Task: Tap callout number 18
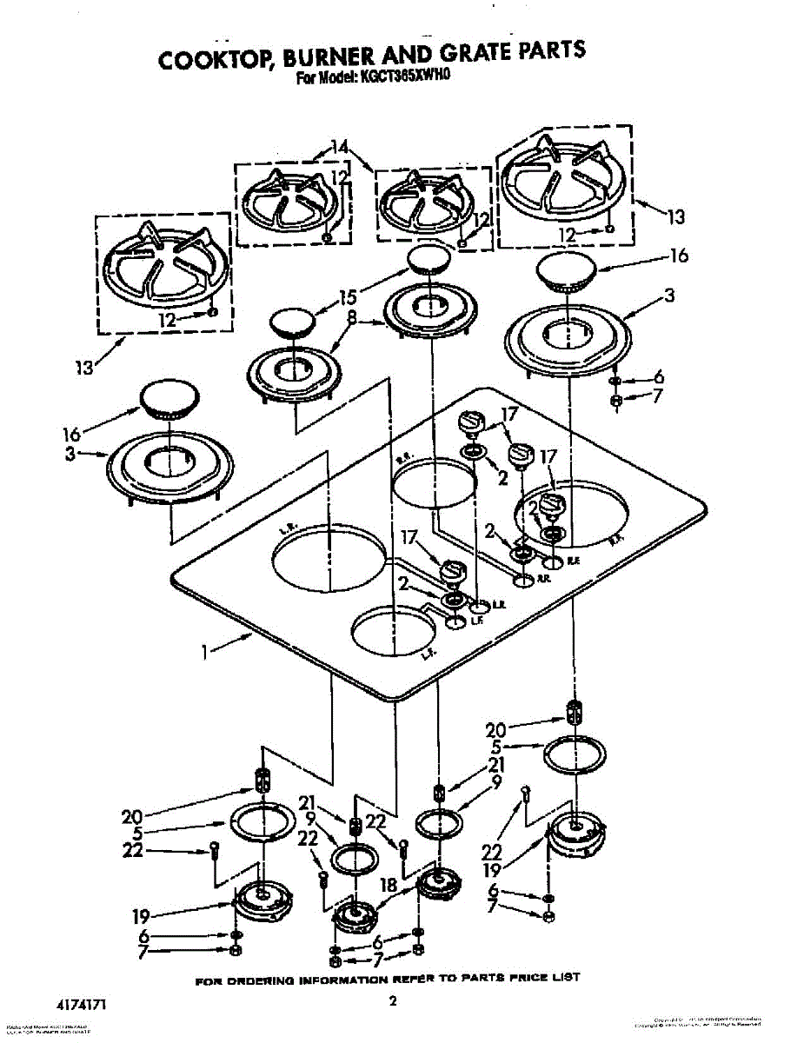coord(389,885)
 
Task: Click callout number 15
coord(348,296)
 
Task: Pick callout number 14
coord(339,147)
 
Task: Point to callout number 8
coord(350,319)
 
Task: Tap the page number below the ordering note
coord(393,1001)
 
